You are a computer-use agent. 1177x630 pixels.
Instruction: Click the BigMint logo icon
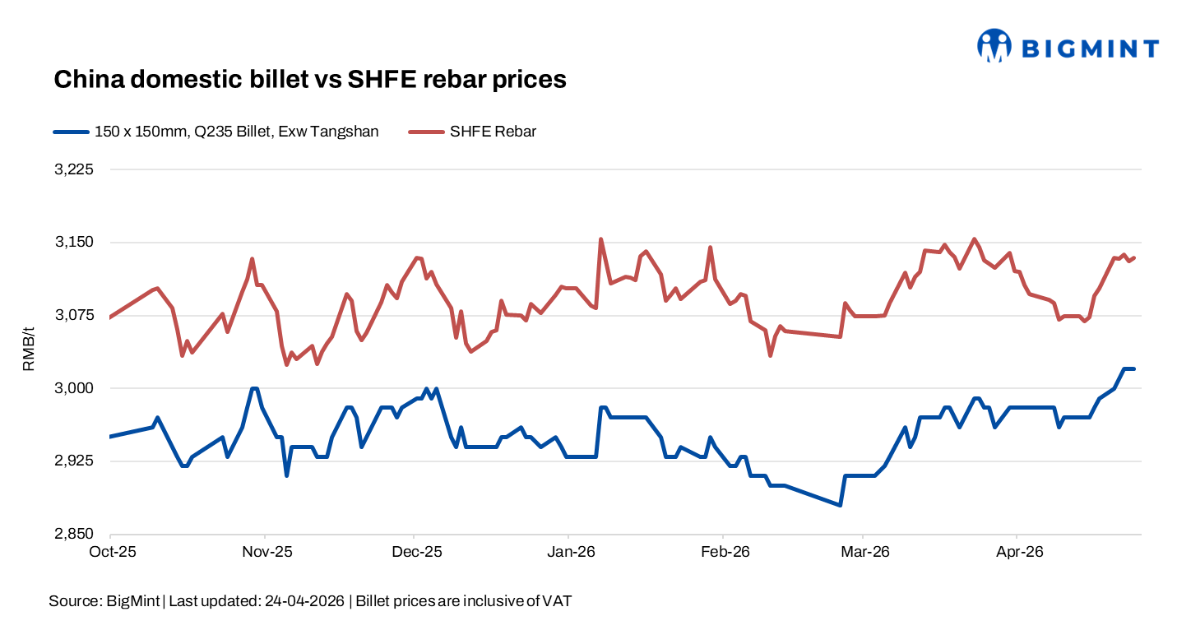pyautogui.click(x=993, y=46)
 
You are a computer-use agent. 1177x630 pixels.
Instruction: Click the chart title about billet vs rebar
pyautogui.click(x=310, y=79)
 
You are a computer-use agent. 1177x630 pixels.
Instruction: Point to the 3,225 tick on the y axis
pyautogui.click(x=75, y=169)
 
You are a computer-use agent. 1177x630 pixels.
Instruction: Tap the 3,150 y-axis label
pyautogui.click(x=75, y=243)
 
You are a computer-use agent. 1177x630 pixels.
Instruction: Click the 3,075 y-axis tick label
pyautogui.click(x=75, y=316)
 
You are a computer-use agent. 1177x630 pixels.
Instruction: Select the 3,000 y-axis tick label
pyautogui.click(x=75, y=388)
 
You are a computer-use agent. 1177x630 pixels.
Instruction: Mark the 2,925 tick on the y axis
pyautogui.click(x=75, y=461)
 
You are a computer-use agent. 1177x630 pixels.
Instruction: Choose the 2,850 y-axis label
pyautogui.click(x=75, y=535)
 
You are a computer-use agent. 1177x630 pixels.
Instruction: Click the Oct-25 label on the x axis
pyautogui.click(x=111, y=553)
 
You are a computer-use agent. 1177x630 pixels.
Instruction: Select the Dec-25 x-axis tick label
pyautogui.click(x=417, y=553)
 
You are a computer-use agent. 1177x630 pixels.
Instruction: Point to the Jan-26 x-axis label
pyautogui.click(x=569, y=553)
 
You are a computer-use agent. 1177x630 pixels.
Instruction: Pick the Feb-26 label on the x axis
pyautogui.click(x=724, y=553)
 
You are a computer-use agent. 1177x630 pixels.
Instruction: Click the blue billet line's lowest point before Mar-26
pyautogui.click(x=840, y=505)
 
